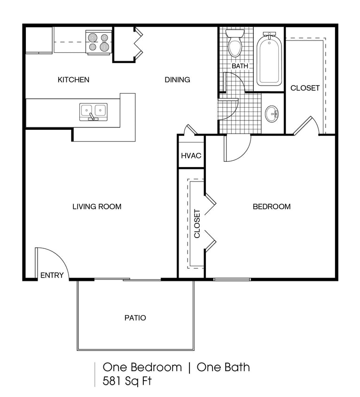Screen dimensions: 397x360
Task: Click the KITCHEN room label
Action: pyautogui.click(x=73, y=79)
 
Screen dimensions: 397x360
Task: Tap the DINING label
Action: pyautogui.click(x=177, y=79)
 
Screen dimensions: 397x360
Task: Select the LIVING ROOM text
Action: pyautogui.click(x=97, y=206)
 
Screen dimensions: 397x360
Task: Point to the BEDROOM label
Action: pyautogui.click(x=272, y=206)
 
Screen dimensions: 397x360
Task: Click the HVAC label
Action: pyautogui.click(x=191, y=155)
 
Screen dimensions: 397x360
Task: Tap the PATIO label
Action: pyautogui.click(x=135, y=318)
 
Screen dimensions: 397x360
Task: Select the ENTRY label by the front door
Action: pyautogui.click(x=52, y=275)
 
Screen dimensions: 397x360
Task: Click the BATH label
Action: pyautogui.click(x=240, y=66)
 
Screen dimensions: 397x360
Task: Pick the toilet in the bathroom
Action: pyautogui.click(x=235, y=44)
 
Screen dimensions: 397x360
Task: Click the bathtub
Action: pyautogui.click(x=269, y=59)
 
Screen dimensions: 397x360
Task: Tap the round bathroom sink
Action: pyautogui.click(x=272, y=113)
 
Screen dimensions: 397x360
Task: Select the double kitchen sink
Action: pyautogui.click(x=93, y=111)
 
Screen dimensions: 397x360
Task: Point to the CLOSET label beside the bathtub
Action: pyautogui.click(x=305, y=88)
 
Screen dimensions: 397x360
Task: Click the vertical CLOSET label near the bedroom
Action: pyautogui.click(x=197, y=223)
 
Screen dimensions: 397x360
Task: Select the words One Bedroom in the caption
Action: pyautogui.click(x=142, y=367)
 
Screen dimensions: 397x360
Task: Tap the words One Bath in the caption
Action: pyautogui.click(x=223, y=367)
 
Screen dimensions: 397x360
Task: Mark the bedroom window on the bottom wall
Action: pyautogui.click(x=232, y=279)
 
